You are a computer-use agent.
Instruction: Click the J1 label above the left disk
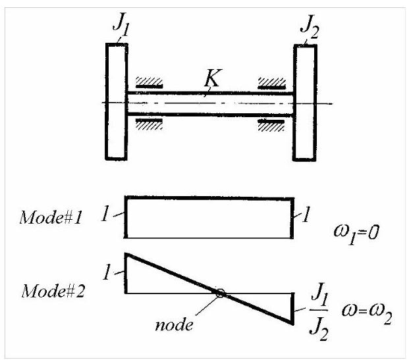[121, 24]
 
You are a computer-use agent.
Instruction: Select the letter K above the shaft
[213, 78]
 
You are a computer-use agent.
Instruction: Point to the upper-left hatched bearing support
[149, 82]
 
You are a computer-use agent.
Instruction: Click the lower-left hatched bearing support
[149, 124]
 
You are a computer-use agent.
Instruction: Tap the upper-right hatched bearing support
[271, 83]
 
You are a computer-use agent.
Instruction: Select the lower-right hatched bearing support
[271, 126]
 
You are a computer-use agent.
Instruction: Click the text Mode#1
[51, 217]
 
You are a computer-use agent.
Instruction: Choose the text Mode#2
[53, 291]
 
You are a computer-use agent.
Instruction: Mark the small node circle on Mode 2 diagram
[220, 293]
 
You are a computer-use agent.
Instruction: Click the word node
[174, 324]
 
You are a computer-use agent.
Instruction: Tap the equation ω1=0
[356, 232]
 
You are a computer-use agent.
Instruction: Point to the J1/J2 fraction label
[319, 311]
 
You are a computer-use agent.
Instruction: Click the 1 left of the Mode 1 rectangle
[105, 213]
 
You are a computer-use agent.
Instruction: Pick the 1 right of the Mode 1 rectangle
[306, 215]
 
